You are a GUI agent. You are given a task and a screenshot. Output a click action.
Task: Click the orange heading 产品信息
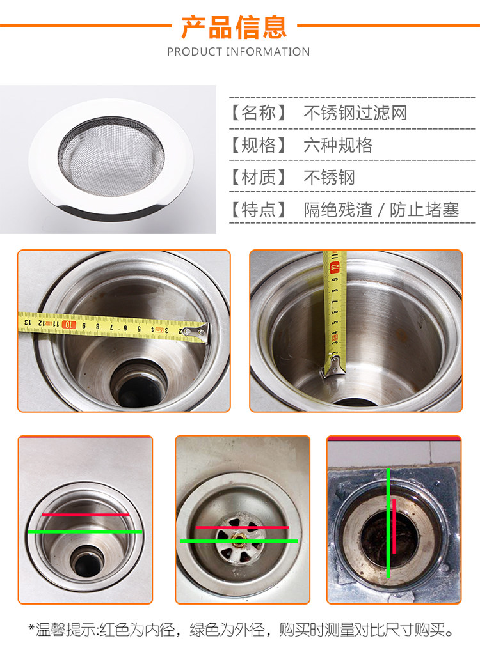click(x=234, y=27)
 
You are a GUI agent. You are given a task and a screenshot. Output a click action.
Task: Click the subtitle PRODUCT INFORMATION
click(x=238, y=52)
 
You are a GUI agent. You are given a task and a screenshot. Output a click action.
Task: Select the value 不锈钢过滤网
click(x=355, y=112)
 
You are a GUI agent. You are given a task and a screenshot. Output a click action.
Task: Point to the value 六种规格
click(x=338, y=145)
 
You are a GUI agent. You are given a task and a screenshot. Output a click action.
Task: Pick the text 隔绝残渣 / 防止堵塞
click(x=381, y=210)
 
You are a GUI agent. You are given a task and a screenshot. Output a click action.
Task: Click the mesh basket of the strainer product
click(x=111, y=157)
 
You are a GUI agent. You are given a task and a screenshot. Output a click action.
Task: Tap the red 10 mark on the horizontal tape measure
click(x=68, y=325)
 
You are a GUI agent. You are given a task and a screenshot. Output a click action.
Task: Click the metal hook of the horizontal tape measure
click(x=197, y=332)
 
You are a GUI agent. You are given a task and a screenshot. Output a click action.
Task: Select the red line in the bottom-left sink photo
click(x=86, y=515)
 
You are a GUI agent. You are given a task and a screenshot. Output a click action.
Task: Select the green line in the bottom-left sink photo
click(x=85, y=532)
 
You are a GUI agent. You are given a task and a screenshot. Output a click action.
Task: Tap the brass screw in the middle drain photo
click(x=238, y=539)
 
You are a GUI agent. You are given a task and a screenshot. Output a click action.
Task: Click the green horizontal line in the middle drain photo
click(x=239, y=541)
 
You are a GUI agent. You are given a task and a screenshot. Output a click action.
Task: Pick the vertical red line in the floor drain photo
click(x=394, y=526)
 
